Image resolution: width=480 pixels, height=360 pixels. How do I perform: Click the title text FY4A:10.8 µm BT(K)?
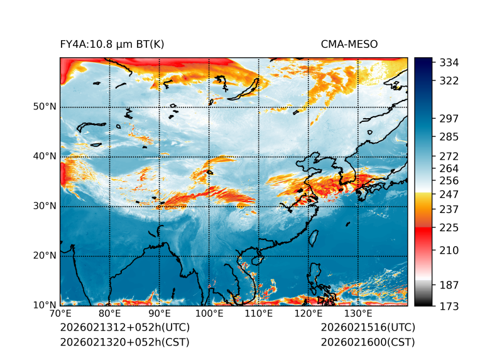[112, 44]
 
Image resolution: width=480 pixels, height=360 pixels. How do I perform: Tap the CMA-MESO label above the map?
[349, 44]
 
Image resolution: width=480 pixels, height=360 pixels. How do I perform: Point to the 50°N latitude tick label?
[45, 107]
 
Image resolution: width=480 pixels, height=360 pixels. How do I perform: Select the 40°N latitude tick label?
[45, 156]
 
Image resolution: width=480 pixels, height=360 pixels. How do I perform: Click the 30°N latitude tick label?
[45, 206]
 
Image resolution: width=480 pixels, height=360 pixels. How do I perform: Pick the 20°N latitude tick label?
[45, 256]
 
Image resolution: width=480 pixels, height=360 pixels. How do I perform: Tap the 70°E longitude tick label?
[60, 314]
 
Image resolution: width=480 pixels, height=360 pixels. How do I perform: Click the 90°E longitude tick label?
[160, 314]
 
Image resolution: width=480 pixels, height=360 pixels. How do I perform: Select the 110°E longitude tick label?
[259, 314]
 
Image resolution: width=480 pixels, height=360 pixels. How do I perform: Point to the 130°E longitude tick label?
[358, 314]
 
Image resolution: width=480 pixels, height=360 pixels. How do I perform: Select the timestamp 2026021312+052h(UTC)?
[124, 327]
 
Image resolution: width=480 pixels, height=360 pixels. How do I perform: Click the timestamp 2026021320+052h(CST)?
[124, 342]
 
